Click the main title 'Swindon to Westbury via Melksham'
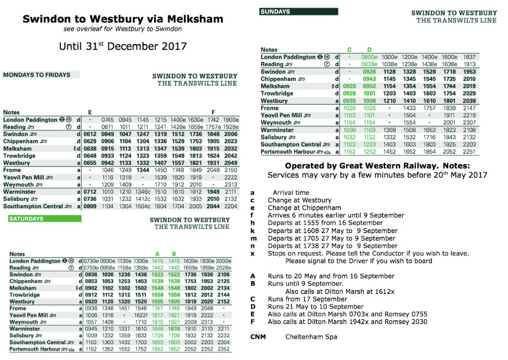click(123, 19)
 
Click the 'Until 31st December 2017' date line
click(123, 46)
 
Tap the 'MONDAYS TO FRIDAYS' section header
click(37, 75)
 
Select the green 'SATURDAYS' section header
click(26, 218)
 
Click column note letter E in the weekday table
click(90, 112)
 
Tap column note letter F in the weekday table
click(213, 112)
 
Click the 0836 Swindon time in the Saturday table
click(90, 274)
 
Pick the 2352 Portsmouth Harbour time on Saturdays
click(224, 349)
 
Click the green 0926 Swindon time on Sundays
click(370, 71)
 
